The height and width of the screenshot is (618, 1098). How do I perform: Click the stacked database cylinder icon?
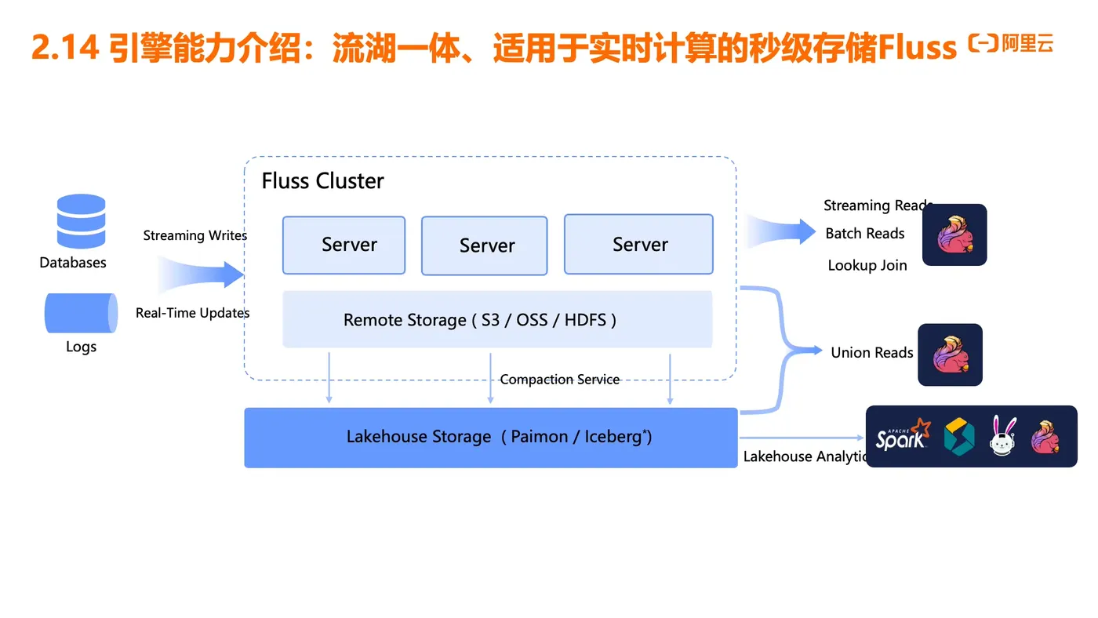click(x=81, y=221)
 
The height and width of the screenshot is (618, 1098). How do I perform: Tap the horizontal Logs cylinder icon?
click(x=81, y=313)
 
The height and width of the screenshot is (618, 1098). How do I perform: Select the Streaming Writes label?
click(x=195, y=235)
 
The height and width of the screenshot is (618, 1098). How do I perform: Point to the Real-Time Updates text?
click(x=192, y=313)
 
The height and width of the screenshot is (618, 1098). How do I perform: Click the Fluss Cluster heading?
click(x=322, y=181)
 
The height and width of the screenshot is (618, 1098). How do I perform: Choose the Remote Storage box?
click(x=497, y=319)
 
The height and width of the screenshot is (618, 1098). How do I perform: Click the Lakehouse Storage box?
click(x=491, y=438)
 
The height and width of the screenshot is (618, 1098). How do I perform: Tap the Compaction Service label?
click(x=559, y=380)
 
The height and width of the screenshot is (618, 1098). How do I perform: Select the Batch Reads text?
click(x=864, y=234)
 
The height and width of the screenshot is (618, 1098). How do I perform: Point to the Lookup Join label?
click(x=867, y=266)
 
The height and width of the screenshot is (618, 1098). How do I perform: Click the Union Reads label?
click(x=871, y=353)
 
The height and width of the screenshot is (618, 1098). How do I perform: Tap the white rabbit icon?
click(x=1003, y=436)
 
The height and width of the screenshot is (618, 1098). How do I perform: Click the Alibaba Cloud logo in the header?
click(x=1011, y=45)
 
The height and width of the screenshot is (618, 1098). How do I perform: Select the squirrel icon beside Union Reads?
click(x=950, y=354)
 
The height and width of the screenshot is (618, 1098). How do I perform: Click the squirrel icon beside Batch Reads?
click(x=954, y=234)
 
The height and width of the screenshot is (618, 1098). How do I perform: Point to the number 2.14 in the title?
click(x=64, y=49)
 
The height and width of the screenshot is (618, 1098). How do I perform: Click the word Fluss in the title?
click(x=917, y=49)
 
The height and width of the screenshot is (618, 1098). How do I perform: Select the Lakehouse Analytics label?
click(x=805, y=456)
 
